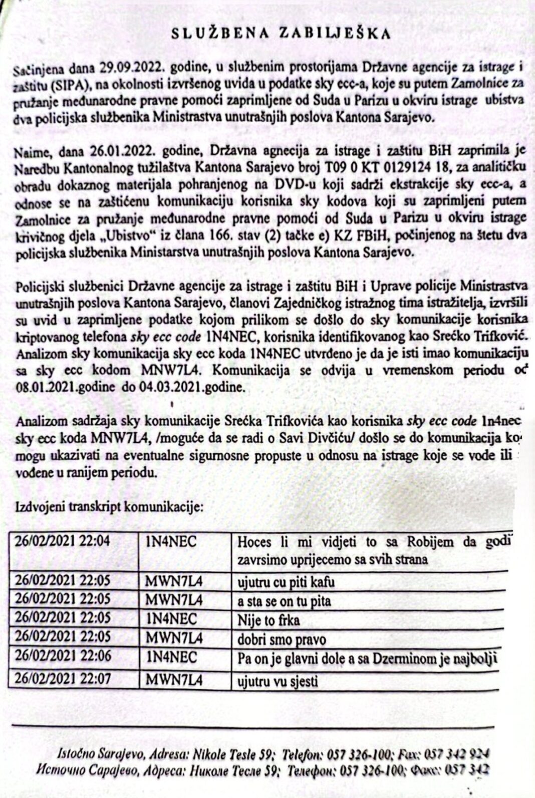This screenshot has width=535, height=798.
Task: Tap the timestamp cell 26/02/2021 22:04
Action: coord(63,542)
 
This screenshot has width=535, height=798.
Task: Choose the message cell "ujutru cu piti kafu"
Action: coord(286,582)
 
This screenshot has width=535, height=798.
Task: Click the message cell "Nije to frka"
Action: coord(269,620)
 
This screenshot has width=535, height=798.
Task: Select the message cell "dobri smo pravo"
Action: coord(282,639)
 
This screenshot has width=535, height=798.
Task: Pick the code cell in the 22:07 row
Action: coord(174,680)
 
